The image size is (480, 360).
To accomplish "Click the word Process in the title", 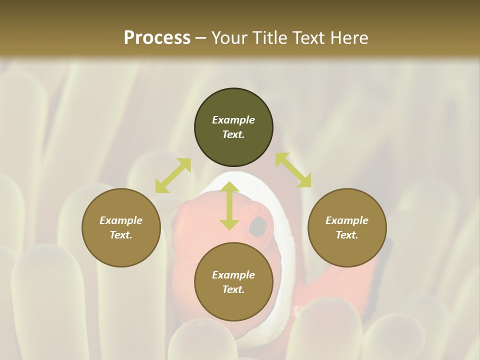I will [x=157, y=38].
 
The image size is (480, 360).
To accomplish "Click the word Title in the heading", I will [x=270, y=38].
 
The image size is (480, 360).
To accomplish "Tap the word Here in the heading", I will [x=346, y=38].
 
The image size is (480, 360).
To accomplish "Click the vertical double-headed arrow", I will [x=229, y=205].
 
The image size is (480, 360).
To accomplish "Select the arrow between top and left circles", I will [x=173, y=175].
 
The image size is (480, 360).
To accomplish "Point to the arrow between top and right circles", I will [x=293, y=170].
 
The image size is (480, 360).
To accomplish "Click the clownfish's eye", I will [x=257, y=226].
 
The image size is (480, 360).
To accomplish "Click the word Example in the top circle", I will [x=233, y=120].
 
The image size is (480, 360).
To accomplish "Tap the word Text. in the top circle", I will [x=233, y=134].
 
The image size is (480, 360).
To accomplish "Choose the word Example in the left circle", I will [x=121, y=220].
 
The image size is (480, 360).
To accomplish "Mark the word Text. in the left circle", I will [x=121, y=235].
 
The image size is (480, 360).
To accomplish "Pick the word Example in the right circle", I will [x=347, y=220].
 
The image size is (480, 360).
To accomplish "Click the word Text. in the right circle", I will [x=347, y=235].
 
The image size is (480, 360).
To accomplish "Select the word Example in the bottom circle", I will [x=233, y=275].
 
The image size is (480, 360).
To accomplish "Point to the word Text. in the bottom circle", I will [x=233, y=289].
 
